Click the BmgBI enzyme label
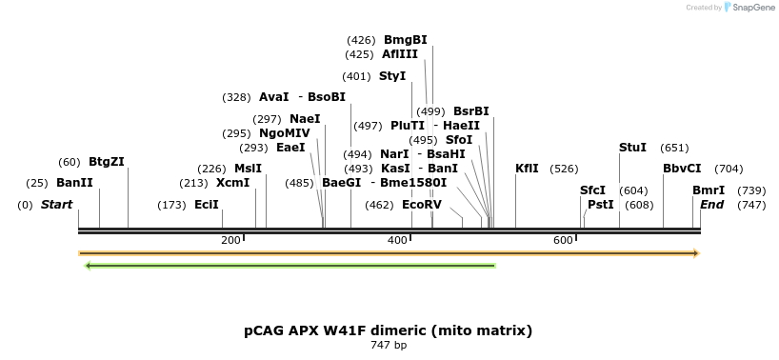point(405,40)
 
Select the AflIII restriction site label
point(400,54)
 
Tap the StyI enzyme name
point(392,76)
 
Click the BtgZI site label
point(107,162)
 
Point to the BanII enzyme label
point(74,182)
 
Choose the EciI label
point(207,205)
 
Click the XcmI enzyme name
point(232,183)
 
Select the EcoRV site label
point(422,205)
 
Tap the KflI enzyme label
point(527,169)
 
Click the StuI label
point(632,148)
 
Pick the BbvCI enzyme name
point(682,169)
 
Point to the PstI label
point(601,205)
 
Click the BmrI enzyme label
point(709,190)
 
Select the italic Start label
point(56,205)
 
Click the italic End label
point(711,205)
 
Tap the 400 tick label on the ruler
point(397,240)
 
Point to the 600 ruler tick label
point(562,240)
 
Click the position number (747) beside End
point(751,205)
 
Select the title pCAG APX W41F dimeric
point(389,330)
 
